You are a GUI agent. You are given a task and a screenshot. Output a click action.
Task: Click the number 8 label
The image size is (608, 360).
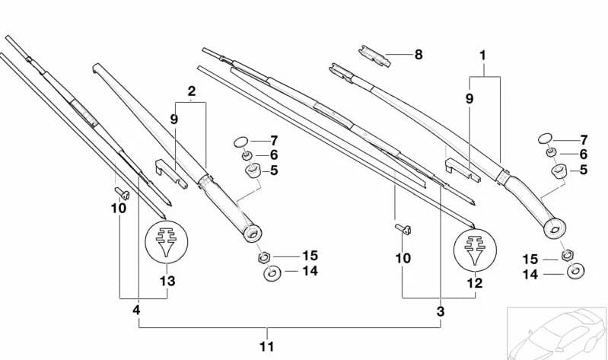click(418, 55)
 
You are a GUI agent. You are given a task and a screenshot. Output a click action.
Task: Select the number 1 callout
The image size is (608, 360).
click(482, 55)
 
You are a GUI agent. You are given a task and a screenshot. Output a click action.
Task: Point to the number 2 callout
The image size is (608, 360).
click(192, 91)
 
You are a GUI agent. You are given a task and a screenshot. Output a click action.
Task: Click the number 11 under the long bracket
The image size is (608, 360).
click(266, 346)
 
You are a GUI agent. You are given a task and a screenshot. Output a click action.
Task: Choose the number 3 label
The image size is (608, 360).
click(440, 311)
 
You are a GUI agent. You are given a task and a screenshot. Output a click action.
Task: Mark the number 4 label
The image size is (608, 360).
click(137, 311)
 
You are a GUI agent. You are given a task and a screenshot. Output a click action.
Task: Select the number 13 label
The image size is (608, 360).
click(167, 282)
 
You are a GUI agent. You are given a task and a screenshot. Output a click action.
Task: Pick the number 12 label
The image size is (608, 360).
click(475, 282)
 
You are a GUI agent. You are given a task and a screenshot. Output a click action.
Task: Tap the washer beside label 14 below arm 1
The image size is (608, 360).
click(575, 271)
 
